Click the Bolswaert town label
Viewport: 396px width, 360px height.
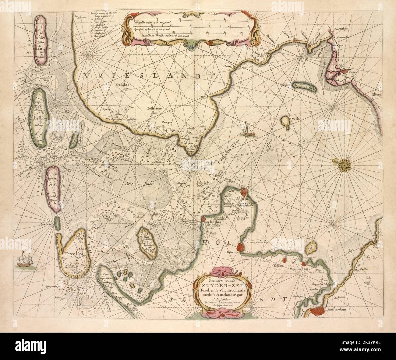[x=148, y=108]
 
